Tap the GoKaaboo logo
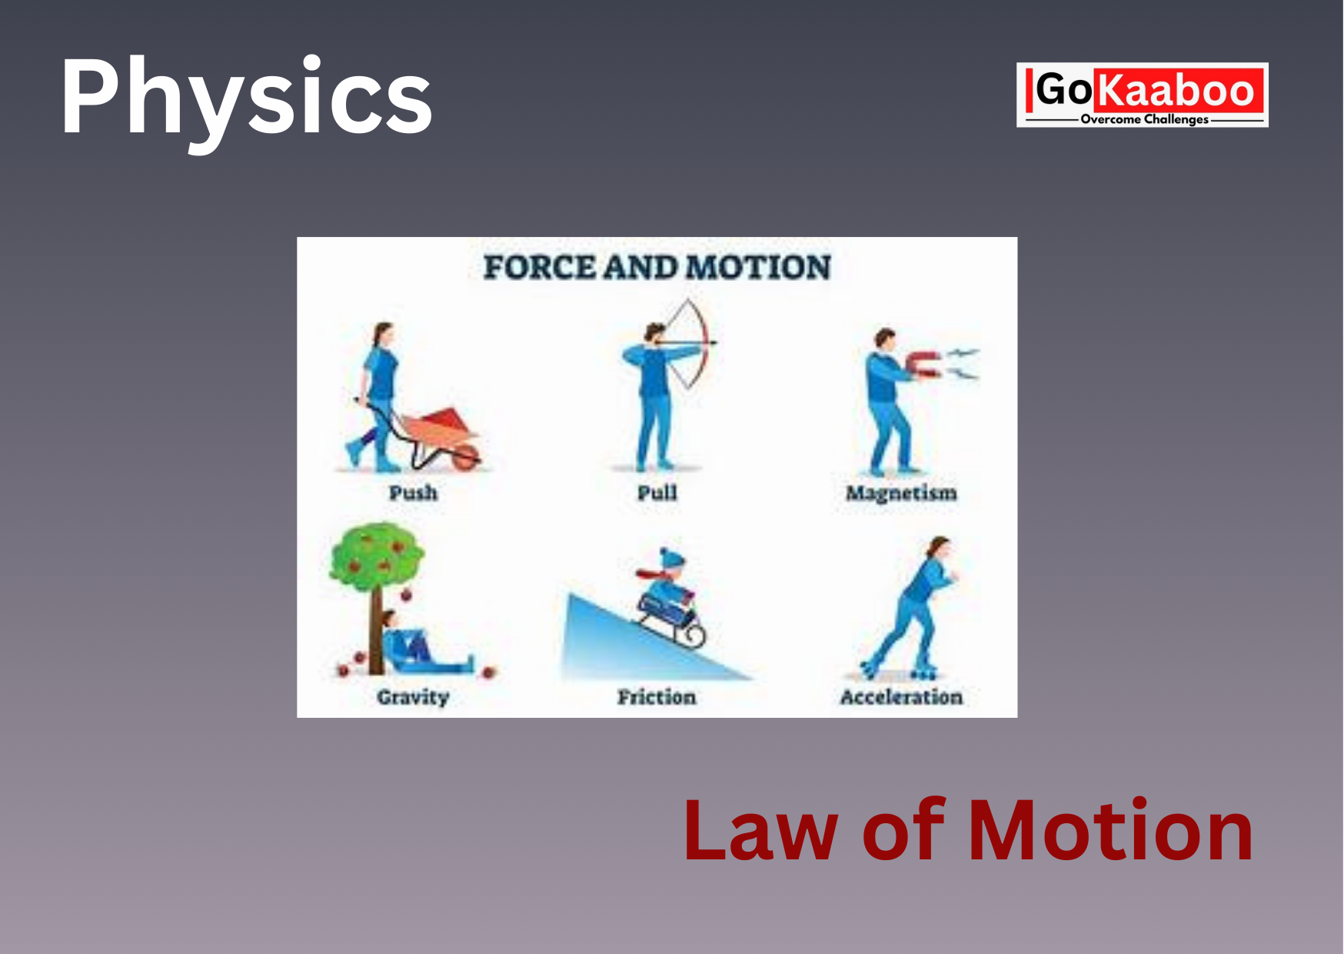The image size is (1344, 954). point(1143,95)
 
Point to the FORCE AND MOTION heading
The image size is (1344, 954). point(657,268)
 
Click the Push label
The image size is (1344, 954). point(413,492)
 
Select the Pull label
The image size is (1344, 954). point(657,492)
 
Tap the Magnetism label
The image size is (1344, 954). point(901,493)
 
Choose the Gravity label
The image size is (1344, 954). point(413,697)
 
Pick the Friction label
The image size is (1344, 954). point(657,697)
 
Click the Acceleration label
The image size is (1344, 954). point(901,697)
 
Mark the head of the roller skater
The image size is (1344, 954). point(938,547)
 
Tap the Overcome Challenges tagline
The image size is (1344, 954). point(1145,119)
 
